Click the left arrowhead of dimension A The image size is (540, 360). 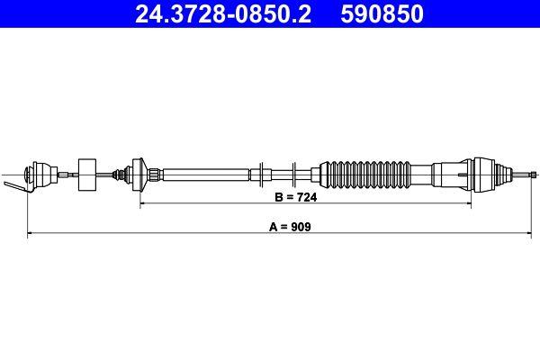(32, 234)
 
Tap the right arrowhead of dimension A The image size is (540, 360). (532, 234)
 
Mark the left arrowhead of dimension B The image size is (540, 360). (143, 204)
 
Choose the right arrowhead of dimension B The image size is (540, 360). (468, 204)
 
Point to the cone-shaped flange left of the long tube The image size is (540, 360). (139, 172)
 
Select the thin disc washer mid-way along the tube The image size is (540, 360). (259, 172)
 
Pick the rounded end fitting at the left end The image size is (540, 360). (40, 172)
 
